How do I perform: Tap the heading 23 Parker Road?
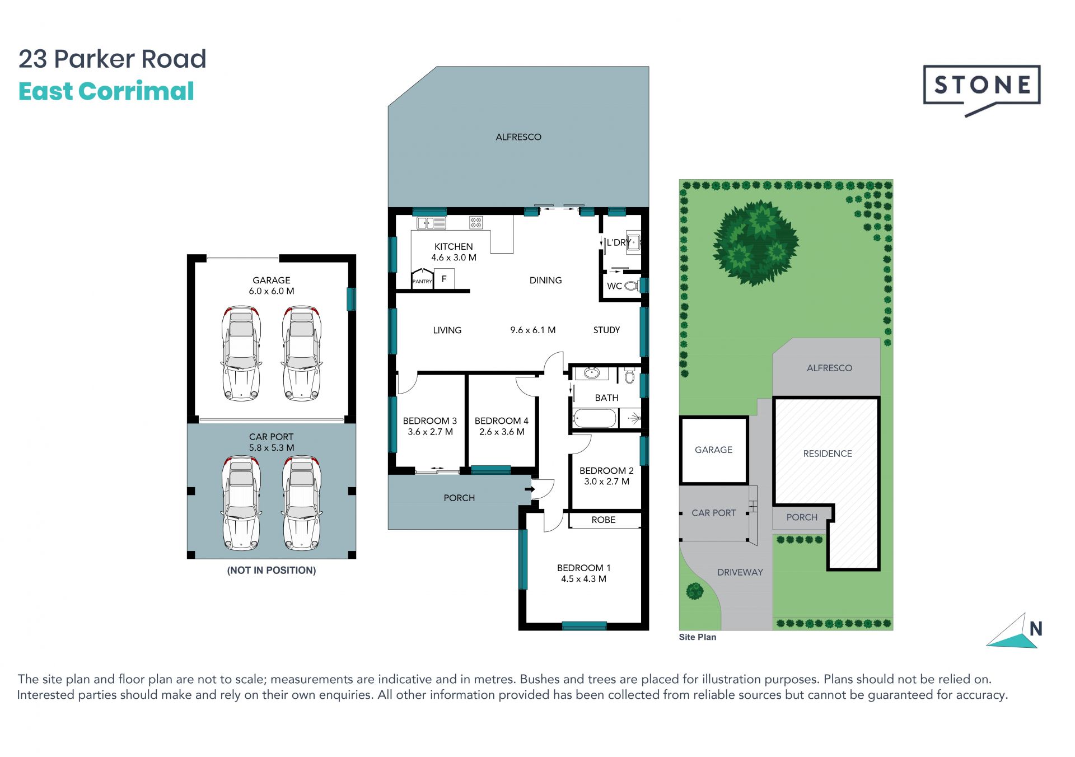pyautogui.click(x=113, y=59)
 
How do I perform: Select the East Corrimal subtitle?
pyautogui.click(x=106, y=91)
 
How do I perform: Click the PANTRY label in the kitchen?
pyautogui.click(x=422, y=281)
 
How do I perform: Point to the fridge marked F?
pyautogui.click(x=444, y=278)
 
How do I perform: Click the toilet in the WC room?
pyautogui.click(x=631, y=286)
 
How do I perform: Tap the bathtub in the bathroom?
pyautogui.click(x=595, y=418)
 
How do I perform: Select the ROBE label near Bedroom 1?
pyautogui.click(x=604, y=520)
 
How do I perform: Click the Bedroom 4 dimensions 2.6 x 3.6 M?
pyautogui.click(x=502, y=432)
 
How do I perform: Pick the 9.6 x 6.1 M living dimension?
pyautogui.click(x=532, y=330)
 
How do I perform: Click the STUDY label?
pyautogui.click(x=606, y=330)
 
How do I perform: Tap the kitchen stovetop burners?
pyautogui.click(x=476, y=223)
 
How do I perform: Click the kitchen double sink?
pyautogui.click(x=431, y=223)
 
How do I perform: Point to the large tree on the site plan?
pyautogui.click(x=755, y=243)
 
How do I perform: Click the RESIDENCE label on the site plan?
pyautogui.click(x=828, y=454)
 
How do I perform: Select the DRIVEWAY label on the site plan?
pyautogui.click(x=740, y=572)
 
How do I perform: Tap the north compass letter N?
pyautogui.click(x=1036, y=629)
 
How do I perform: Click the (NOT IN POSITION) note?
pyautogui.click(x=272, y=570)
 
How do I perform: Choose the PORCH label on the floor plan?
pyautogui.click(x=459, y=498)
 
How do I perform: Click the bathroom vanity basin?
pyautogui.click(x=592, y=372)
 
